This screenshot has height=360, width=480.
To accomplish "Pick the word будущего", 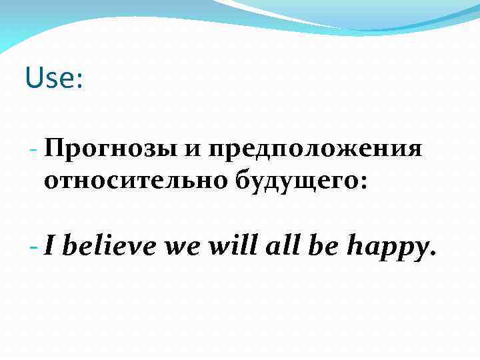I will [295, 180].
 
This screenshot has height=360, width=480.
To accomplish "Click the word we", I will [182, 248].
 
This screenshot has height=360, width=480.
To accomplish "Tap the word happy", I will [387, 248].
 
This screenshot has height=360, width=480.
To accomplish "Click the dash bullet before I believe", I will [35, 247].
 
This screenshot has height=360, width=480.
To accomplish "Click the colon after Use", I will [79, 81].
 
